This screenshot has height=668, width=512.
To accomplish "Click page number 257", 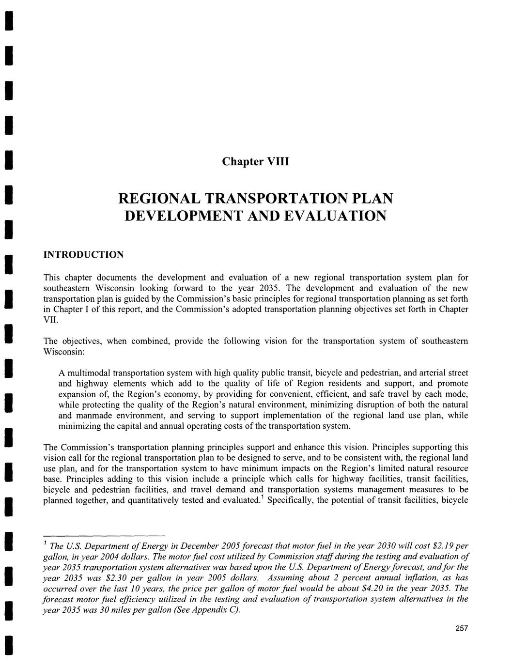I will click(x=462, y=628).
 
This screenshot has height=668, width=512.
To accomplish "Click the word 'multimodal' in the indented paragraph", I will click(x=90, y=373).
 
